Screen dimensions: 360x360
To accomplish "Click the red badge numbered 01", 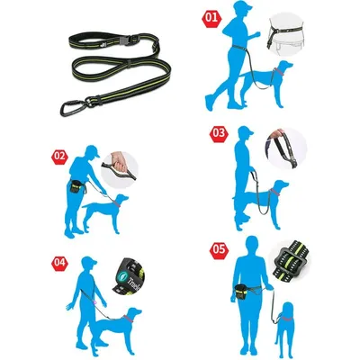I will (x=212, y=17).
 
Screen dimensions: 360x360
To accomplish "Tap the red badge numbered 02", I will (x=60, y=155).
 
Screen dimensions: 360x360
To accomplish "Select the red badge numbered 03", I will (x=219, y=133).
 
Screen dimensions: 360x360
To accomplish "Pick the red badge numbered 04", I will (x=60, y=262).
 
